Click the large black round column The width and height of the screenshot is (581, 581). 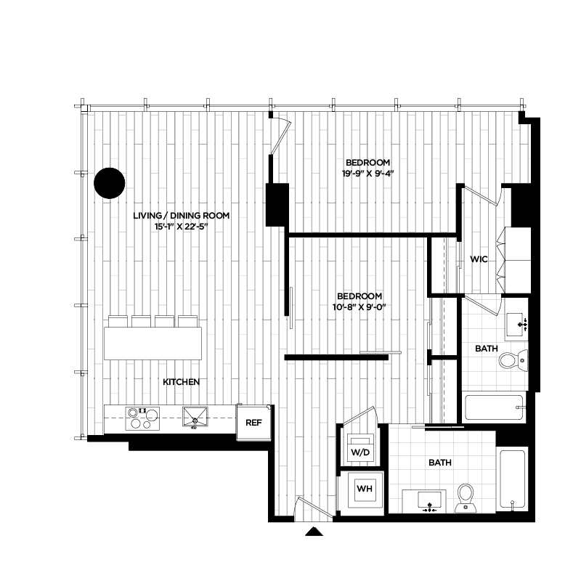pos(109,183)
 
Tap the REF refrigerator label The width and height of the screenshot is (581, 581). pos(253,423)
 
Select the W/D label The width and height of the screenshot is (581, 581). pos(361,452)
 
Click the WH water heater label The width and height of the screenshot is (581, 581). pos(364,489)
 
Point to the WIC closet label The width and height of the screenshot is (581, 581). pos(479,259)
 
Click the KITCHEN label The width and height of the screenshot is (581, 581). pos(181,382)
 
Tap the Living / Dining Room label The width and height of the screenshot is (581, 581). pos(182,216)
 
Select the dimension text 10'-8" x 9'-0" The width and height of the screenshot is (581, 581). pos(360,307)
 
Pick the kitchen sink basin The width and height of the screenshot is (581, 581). pos(194,417)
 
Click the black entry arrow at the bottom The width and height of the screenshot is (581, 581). pos(313,532)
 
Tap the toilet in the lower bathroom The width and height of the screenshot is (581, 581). pos(465,497)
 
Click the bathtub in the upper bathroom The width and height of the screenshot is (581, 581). pos(494,407)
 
